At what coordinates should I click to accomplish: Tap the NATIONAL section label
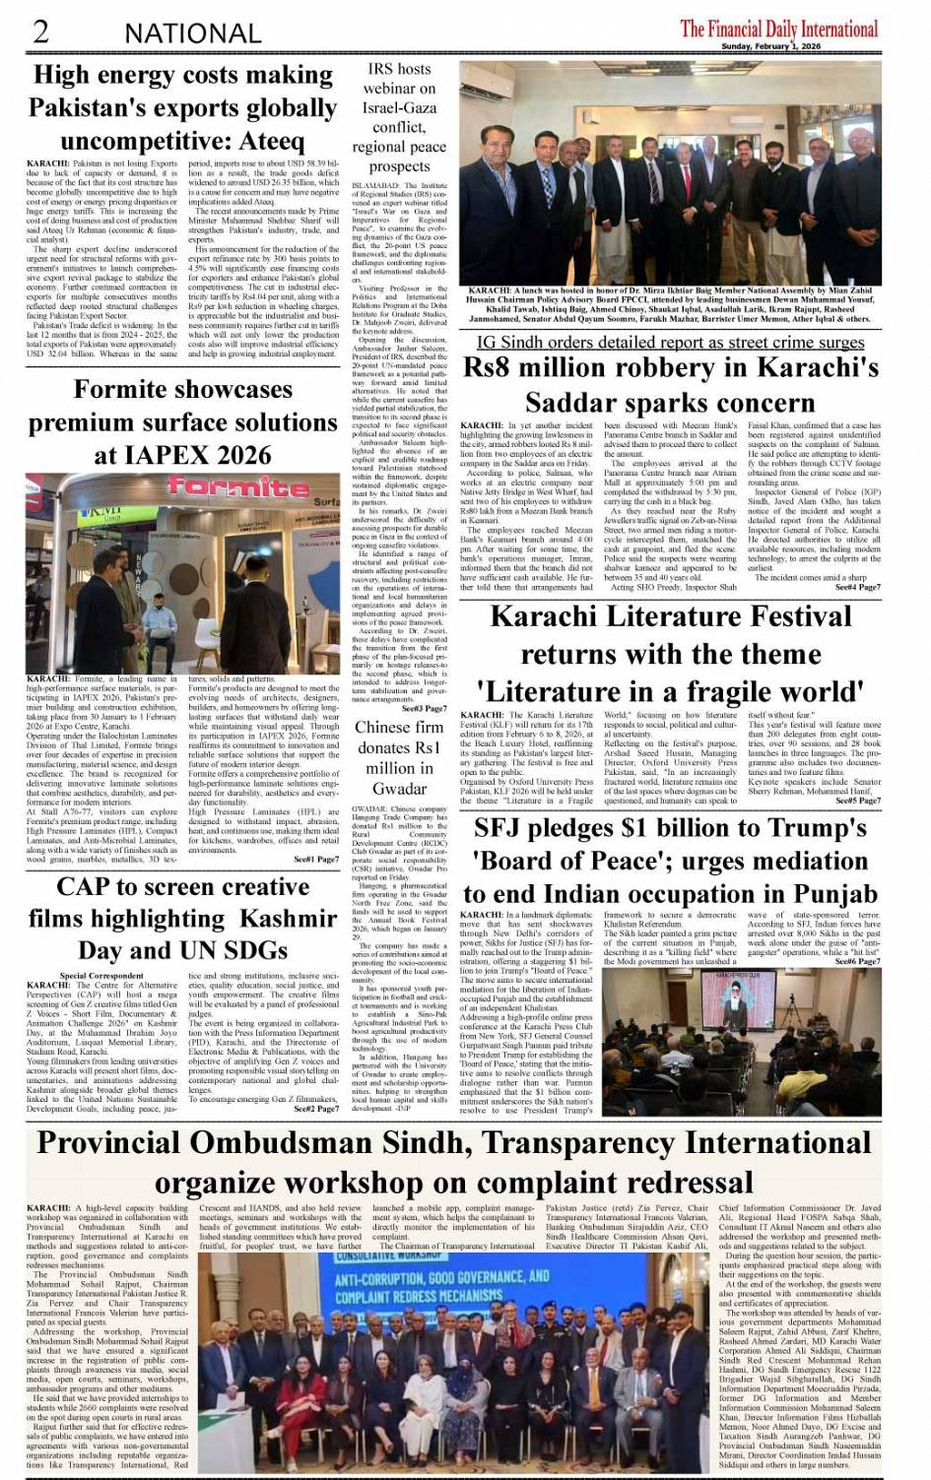[192, 33]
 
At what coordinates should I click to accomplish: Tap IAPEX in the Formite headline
[162, 455]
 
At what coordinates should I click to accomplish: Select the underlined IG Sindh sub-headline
[670, 342]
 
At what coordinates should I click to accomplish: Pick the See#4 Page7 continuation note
[857, 587]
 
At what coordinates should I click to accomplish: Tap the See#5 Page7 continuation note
[857, 801]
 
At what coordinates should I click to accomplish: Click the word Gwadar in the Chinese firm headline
[399, 789]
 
